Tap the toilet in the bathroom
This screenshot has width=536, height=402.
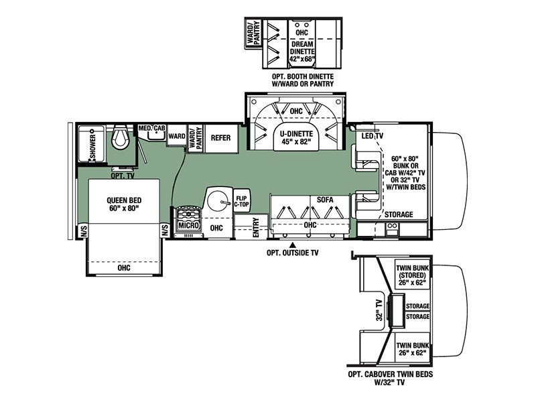[121, 139]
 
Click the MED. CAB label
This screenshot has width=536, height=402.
[152, 128]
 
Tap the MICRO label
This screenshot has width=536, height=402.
[188, 226]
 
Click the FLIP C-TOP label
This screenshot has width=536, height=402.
[242, 200]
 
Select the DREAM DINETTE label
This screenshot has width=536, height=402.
[303, 49]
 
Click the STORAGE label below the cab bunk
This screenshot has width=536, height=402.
[399, 214]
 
